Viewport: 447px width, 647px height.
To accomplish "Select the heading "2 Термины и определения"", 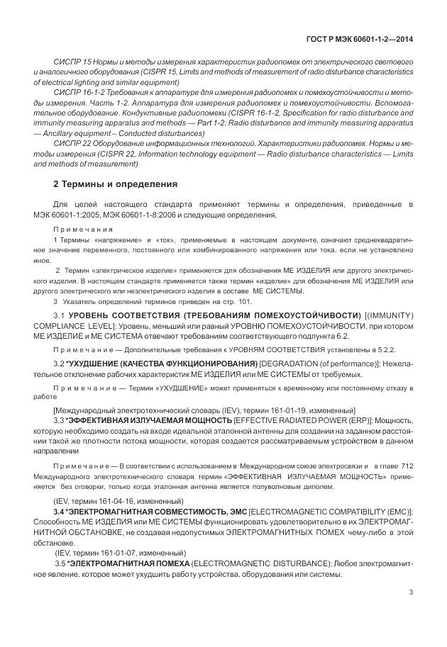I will tap(115, 184).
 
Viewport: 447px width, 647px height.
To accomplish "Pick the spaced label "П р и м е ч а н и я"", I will tap(83, 230).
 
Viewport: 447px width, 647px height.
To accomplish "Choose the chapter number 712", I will tap(404, 466).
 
